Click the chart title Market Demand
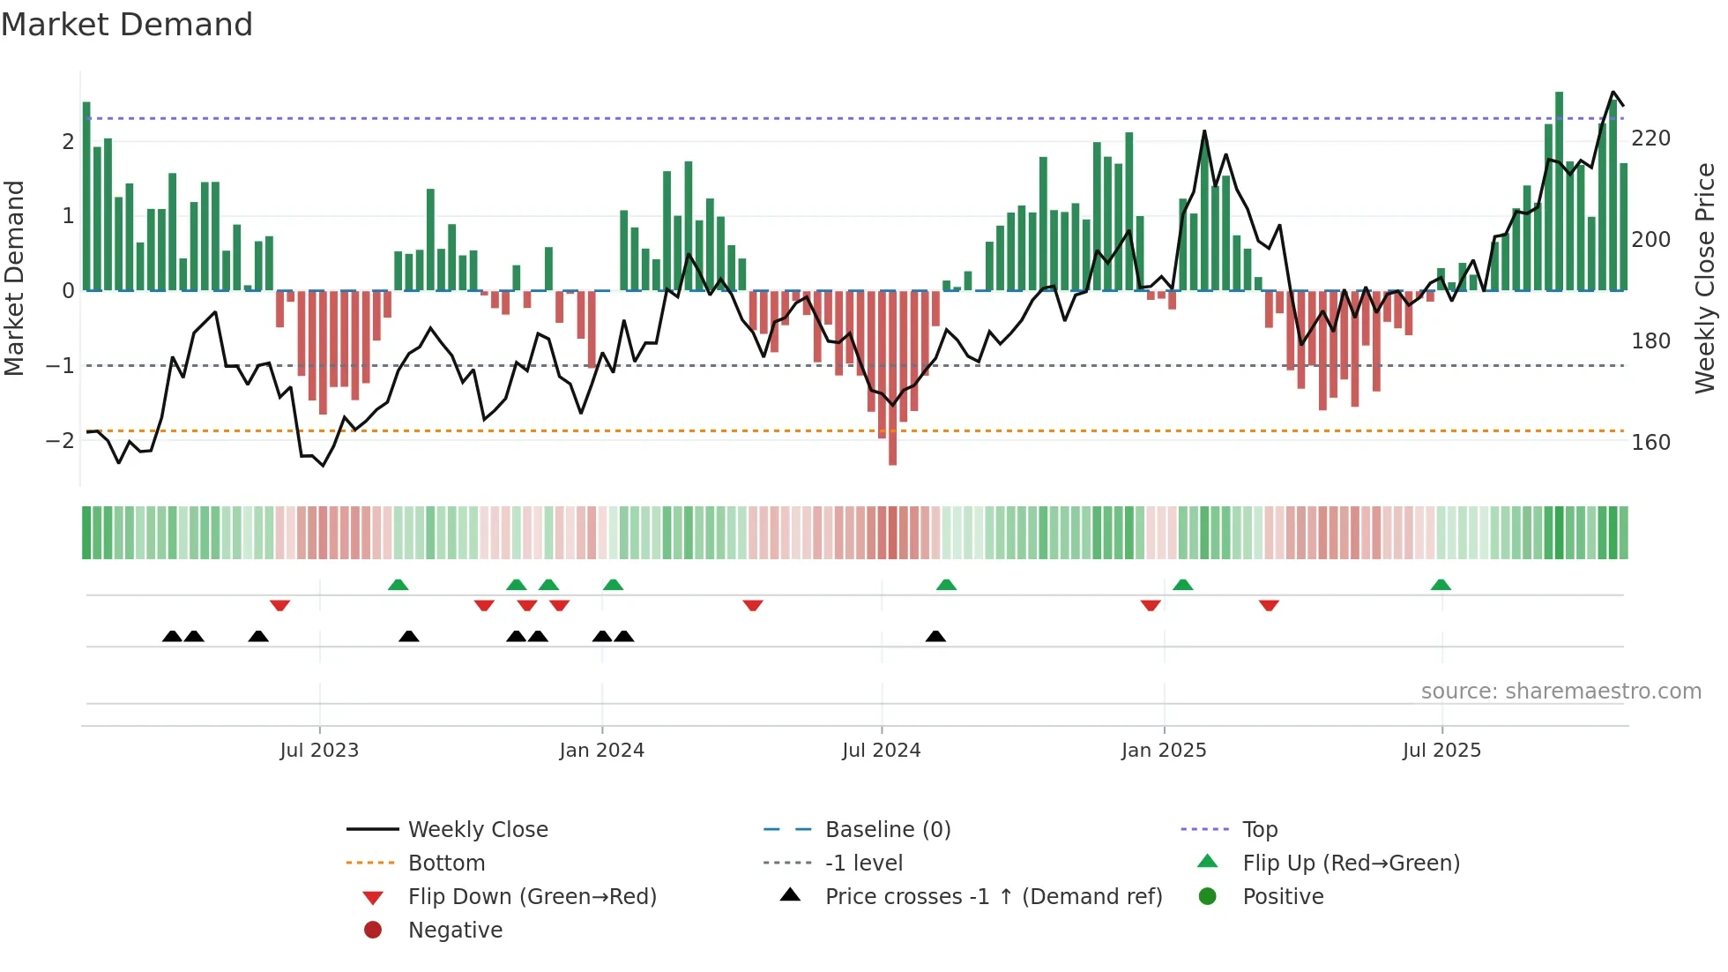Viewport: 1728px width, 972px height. (x=127, y=25)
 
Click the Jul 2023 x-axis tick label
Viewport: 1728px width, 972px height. (x=319, y=751)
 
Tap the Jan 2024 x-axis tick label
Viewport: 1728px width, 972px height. (x=602, y=751)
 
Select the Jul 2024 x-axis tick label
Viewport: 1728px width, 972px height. (x=882, y=751)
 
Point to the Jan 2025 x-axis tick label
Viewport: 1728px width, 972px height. (x=1164, y=751)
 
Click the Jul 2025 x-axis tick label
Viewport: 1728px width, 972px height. (x=1442, y=751)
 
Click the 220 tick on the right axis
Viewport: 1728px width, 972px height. (x=1650, y=138)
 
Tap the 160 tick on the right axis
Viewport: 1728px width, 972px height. (x=1650, y=443)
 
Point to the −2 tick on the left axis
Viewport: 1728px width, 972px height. (x=60, y=440)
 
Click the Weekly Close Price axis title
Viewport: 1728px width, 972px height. (x=1705, y=278)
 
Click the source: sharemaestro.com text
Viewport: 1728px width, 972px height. (x=1560, y=692)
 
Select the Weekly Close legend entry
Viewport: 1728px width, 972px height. (x=477, y=830)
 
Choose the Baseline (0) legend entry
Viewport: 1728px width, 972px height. (x=887, y=830)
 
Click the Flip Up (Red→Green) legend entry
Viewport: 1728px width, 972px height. (x=1351, y=864)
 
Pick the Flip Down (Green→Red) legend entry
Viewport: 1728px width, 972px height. (x=532, y=897)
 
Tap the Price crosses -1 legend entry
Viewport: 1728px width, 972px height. (x=993, y=897)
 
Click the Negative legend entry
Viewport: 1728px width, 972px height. (x=455, y=931)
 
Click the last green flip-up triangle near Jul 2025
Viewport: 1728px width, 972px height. (x=1441, y=585)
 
